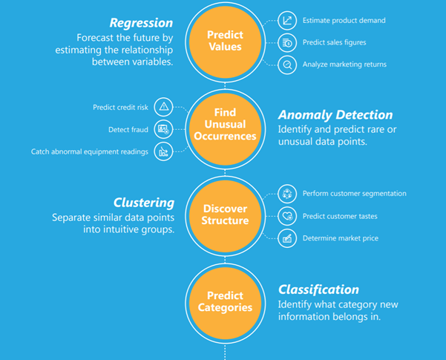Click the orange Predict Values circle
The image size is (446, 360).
[x=225, y=41]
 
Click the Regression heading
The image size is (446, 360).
[x=141, y=22]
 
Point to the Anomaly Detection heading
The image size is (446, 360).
[x=335, y=115]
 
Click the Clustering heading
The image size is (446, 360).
[x=144, y=203]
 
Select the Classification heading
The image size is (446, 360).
[x=318, y=289]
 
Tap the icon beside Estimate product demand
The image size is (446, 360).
[x=287, y=20]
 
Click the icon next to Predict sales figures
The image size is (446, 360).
[x=287, y=42]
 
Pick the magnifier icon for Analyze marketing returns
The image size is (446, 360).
[x=287, y=65]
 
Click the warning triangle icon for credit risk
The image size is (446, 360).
[x=164, y=107]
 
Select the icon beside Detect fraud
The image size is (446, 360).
[x=164, y=129]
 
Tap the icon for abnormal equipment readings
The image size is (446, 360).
[x=164, y=151]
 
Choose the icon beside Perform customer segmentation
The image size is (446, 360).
[x=287, y=194]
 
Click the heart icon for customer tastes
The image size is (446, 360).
[x=287, y=216]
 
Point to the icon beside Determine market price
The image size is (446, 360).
[x=287, y=238]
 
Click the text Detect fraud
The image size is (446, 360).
[x=128, y=130]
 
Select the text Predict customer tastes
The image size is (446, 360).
[x=341, y=217]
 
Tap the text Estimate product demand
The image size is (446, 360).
[x=344, y=21]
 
